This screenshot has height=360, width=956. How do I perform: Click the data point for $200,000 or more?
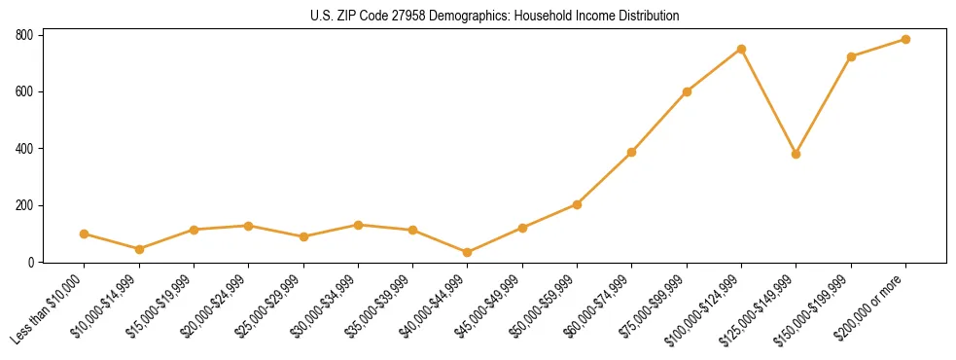pos(905,40)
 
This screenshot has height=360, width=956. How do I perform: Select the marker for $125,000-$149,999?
pos(796,154)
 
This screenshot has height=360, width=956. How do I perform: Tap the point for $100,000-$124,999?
pos(741,49)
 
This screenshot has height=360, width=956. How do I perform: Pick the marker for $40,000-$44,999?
pos(468,253)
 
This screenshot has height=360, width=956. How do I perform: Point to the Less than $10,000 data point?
pos(85,234)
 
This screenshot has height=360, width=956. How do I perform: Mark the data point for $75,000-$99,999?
pos(687,91)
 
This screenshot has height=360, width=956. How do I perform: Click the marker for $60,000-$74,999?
pos(632,152)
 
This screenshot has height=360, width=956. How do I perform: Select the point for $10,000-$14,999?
pos(139,249)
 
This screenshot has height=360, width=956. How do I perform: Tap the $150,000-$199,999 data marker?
pos(851,56)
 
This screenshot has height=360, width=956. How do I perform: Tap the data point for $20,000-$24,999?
pos(249,226)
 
